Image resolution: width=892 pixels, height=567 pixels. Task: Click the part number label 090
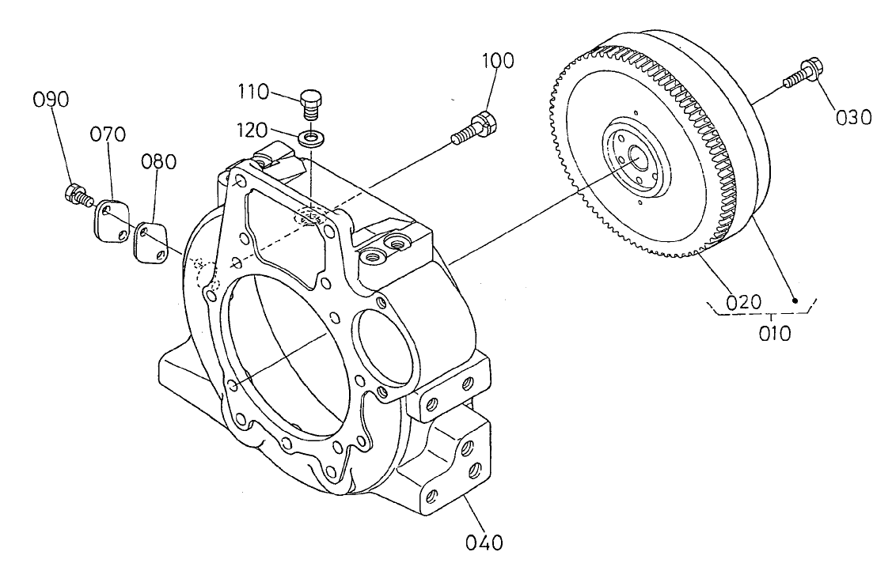pos(51,100)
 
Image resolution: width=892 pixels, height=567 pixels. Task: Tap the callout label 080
pos(158,162)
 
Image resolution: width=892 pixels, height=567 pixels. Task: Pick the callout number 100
pos(495,61)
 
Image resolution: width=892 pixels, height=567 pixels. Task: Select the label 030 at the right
pos(853,117)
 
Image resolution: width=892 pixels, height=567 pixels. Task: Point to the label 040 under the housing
pos(484,542)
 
